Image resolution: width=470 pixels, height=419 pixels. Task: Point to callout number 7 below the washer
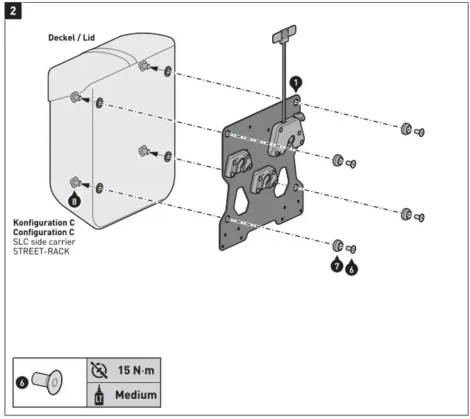click(x=337, y=265)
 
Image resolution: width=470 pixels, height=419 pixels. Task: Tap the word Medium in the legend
click(x=135, y=395)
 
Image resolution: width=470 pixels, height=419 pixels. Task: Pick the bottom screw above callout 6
click(x=351, y=248)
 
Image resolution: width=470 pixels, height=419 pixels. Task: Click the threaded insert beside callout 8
click(x=76, y=183)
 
